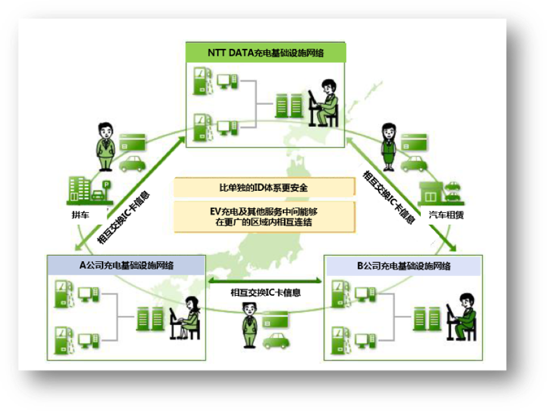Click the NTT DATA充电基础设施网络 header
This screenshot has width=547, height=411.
(x=265, y=52)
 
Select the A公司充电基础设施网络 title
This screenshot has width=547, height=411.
(x=126, y=265)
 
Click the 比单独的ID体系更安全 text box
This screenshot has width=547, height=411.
(x=263, y=188)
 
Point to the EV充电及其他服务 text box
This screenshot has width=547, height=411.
(x=263, y=217)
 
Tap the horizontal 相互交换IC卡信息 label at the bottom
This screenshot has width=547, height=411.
(x=265, y=293)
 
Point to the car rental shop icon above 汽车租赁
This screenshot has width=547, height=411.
(x=441, y=192)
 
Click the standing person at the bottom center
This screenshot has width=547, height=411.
(x=249, y=325)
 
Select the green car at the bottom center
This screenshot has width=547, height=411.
(x=277, y=341)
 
